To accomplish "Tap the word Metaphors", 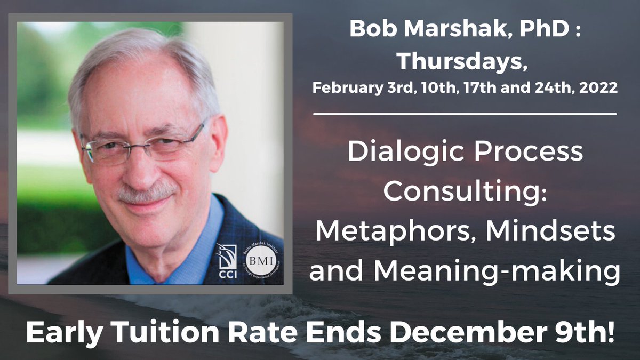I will pyautogui.click(x=385, y=233).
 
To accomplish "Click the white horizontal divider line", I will pyautogui.click(x=465, y=114).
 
